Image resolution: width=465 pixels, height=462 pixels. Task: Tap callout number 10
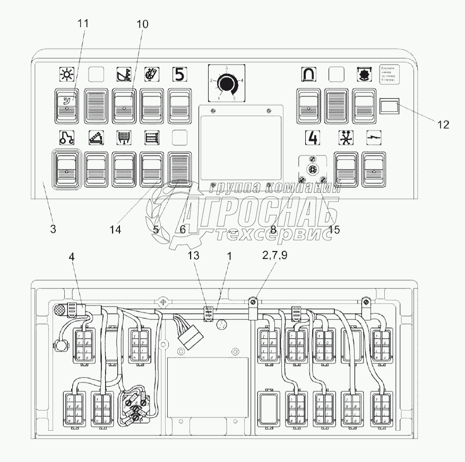point(142,24)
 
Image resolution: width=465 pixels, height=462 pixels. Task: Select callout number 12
point(443,125)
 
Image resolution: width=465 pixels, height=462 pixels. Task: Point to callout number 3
point(53,229)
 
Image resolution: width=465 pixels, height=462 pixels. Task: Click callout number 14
point(115,229)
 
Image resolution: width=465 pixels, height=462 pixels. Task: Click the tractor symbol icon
point(66,138)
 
